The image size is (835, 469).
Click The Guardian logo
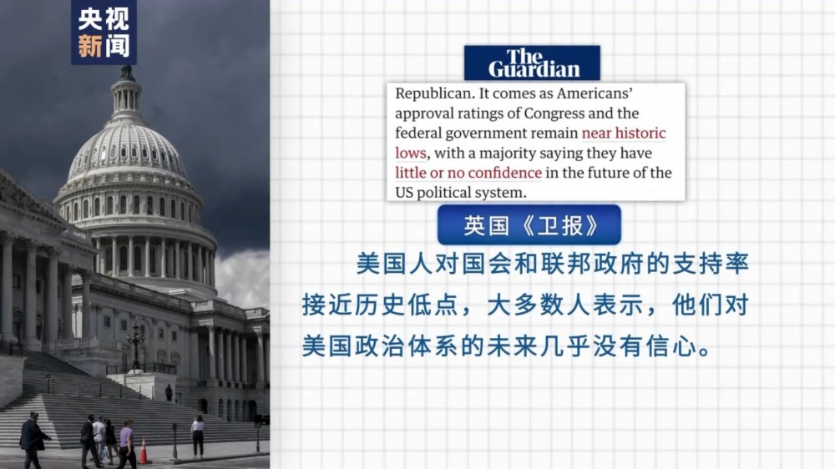point(532,63)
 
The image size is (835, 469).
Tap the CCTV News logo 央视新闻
point(104,33)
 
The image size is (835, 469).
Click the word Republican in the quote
point(434,93)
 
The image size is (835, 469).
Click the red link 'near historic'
point(623,133)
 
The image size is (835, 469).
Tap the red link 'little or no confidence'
point(468,173)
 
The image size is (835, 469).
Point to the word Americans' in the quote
point(595,93)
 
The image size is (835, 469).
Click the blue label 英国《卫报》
point(529,225)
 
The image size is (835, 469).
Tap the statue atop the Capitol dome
point(126,71)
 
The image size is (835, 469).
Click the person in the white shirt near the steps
point(198,436)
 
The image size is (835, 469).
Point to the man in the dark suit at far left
point(33,440)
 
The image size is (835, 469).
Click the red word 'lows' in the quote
point(411,153)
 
